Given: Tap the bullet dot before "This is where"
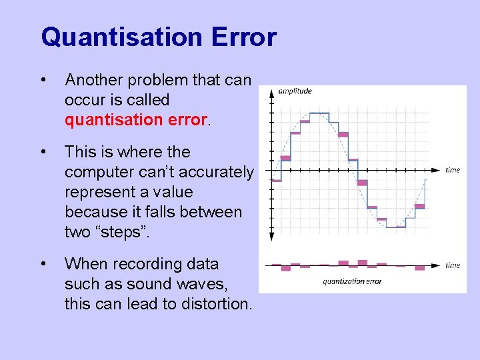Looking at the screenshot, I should point(43,153).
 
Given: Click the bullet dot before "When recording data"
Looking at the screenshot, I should point(43,265).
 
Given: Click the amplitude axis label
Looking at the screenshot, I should point(295,91).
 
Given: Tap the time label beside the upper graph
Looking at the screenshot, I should point(453,170).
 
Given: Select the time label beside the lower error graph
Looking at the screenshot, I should point(453,265).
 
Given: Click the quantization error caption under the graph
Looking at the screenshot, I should point(352,281).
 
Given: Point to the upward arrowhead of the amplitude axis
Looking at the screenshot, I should point(271,93).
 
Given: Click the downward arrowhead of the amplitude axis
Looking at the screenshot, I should point(271,236).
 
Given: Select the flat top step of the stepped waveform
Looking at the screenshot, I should point(319,113).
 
